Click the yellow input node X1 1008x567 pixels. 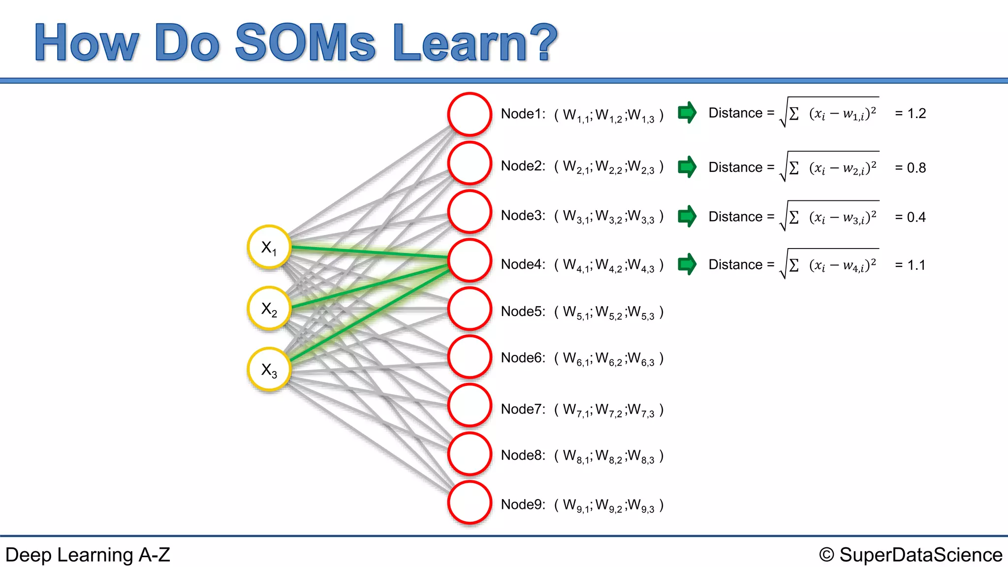269,247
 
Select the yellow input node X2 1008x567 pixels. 269,309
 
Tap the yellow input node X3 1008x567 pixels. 269,370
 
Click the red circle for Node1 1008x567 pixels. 470,114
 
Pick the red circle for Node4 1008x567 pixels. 470,260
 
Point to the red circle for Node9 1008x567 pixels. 470,503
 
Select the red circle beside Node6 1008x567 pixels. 470,357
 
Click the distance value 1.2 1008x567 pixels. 916,114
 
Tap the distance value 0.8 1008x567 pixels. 916,168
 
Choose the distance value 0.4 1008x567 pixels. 916,218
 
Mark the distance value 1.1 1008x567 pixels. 916,265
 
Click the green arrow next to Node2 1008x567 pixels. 687,167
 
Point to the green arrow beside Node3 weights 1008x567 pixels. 687,216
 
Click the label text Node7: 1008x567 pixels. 523,409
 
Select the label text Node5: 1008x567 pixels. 523,312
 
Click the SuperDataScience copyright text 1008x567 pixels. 911,555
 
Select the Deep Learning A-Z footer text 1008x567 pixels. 88,555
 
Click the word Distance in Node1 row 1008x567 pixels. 735,113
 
